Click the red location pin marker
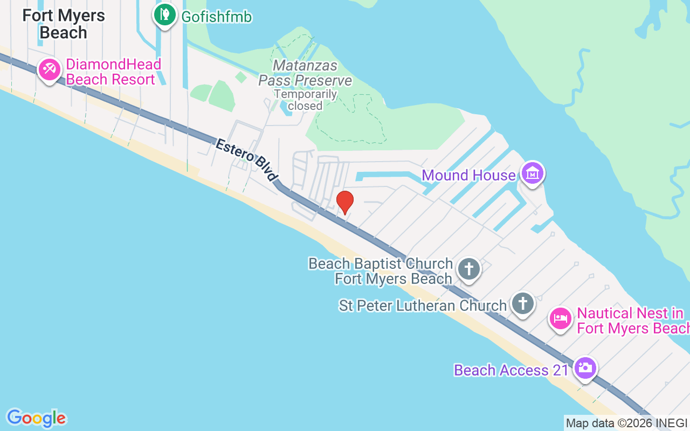tap(345, 202)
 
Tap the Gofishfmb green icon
tap(165, 15)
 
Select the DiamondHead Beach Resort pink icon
tap(50, 69)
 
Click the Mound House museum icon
tap(533, 173)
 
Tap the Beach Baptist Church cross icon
tap(469, 268)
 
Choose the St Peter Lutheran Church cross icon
tap(522, 303)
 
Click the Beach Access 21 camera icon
tap(585, 369)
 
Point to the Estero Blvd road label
tap(247, 160)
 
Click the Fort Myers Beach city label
tap(64, 24)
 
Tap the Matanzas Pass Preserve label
tap(305, 73)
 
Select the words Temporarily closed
tap(305, 100)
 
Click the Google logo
tap(36, 418)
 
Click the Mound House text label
tap(468, 175)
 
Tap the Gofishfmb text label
tap(216, 17)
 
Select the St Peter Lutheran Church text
tap(423, 305)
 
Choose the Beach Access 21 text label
tap(512, 370)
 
